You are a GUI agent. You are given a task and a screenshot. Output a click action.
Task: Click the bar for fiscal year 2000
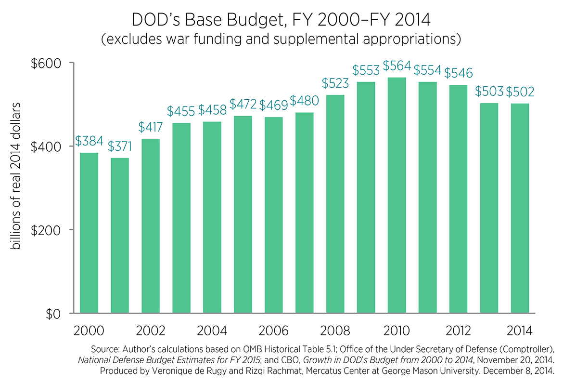(x=89, y=233)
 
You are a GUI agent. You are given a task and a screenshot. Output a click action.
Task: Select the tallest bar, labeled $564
(x=397, y=195)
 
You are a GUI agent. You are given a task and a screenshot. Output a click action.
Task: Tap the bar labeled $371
(x=120, y=236)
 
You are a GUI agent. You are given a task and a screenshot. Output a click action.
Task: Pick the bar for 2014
(x=520, y=208)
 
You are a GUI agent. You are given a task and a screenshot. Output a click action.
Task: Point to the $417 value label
(x=150, y=128)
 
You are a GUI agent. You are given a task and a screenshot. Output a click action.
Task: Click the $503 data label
(x=489, y=92)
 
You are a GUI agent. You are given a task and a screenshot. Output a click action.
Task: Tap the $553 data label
(x=366, y=70)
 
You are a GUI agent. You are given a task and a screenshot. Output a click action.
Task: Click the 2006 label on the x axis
(x=273, y=331)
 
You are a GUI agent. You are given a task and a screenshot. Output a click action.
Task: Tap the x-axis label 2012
(x=458, y=331)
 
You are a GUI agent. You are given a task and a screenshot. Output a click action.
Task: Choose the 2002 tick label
(x=150, y=331)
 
